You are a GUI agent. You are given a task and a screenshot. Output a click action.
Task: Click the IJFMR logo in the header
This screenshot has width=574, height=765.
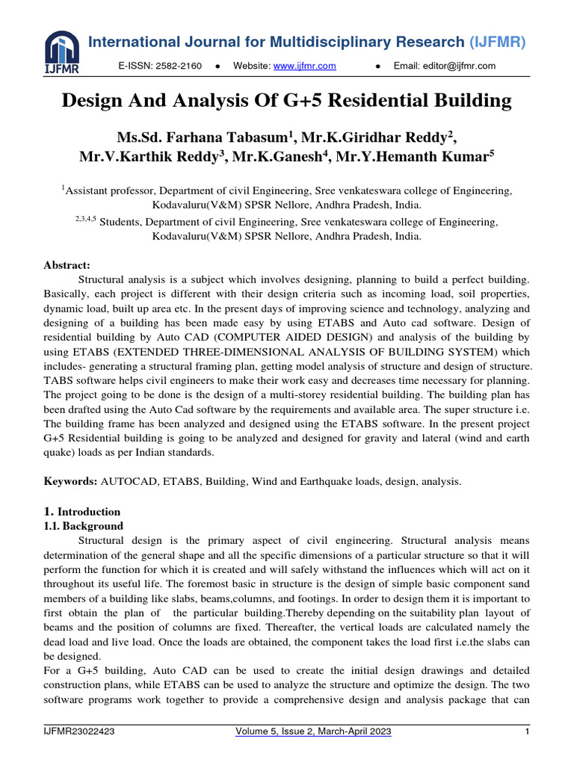click(61, 52)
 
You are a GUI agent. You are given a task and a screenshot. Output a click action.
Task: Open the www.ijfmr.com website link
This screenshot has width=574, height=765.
click(304, 66)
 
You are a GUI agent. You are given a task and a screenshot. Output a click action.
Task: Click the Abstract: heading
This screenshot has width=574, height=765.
click(67, 264)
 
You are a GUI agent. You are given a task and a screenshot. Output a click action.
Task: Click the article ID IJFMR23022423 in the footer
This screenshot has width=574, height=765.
click(78, 731)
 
